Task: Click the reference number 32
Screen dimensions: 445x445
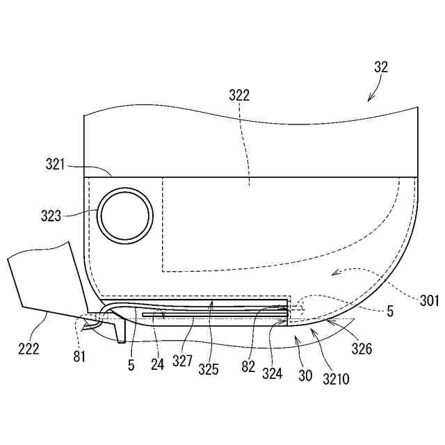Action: (381, 67)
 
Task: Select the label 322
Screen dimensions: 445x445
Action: (238, 96)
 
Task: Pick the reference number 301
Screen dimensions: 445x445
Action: (429, 300)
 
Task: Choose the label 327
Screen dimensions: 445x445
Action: (183, 362)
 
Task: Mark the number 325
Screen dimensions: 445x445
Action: (209, 370)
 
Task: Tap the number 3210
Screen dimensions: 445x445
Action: (337, 380)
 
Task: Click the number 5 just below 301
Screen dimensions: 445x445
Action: (389, 313)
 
